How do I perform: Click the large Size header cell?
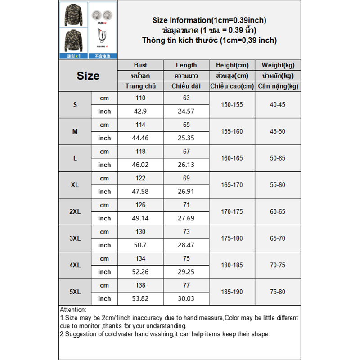88,76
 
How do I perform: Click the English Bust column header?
140,65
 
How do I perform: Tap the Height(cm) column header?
232,65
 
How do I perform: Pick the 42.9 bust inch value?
140,111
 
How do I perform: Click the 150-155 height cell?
232,104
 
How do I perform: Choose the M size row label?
75,131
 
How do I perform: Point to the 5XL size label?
75,292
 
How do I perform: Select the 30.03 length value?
186,298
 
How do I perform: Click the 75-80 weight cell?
277,292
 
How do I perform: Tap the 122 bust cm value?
140,178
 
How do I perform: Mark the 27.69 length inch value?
186,218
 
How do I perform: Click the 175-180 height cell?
232,238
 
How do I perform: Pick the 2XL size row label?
75,211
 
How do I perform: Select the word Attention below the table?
72,310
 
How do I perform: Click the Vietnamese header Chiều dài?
186,86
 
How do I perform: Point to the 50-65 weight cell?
277,158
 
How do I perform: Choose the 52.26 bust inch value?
140,272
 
